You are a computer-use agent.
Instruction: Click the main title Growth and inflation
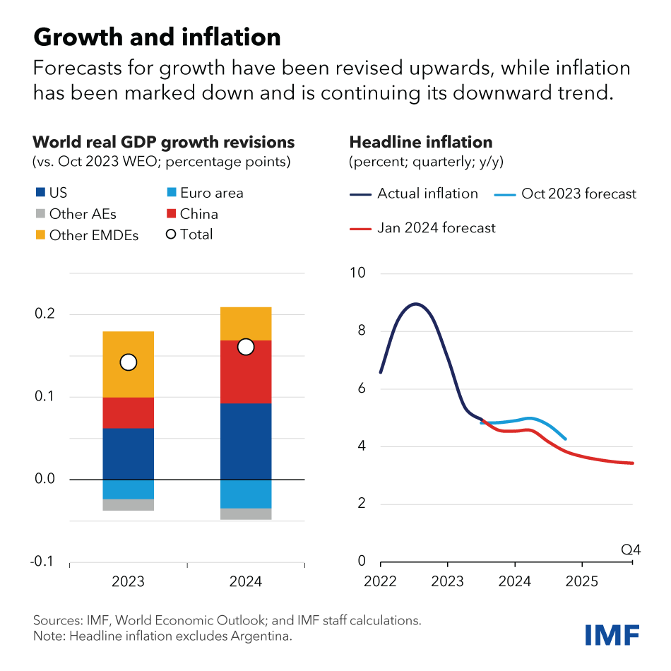point(157,36)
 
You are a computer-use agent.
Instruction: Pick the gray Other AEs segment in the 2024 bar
point(246,513)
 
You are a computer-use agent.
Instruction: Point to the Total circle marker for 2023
point(128,362)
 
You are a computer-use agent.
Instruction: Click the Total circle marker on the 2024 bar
point(246,347)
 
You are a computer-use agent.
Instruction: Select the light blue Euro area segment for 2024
point(246,494)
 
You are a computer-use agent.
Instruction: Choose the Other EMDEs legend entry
point(93,235)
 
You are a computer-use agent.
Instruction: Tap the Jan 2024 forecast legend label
point(436,228)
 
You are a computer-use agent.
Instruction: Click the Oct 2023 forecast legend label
point(578,194)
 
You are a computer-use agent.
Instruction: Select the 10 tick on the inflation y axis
point(361,273)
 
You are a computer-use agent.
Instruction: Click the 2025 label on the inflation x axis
point(581,581)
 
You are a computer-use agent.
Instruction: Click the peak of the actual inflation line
point(416,304)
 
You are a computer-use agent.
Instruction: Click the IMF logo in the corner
point(612,634)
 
